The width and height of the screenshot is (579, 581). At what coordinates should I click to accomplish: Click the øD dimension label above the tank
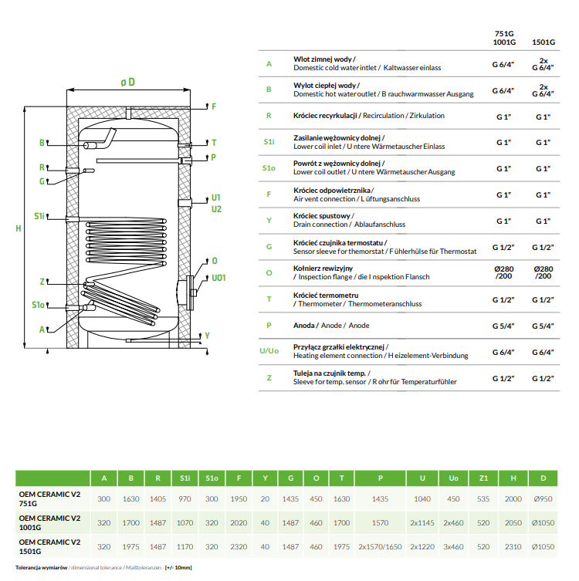tap(127, 82)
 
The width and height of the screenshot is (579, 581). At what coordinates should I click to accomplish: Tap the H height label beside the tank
tap(19, 228)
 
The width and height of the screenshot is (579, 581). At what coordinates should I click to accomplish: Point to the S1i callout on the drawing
tap(39, 217)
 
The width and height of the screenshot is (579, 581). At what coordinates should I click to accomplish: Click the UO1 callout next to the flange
tap(218, 278)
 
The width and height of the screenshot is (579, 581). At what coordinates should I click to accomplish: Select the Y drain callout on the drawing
tap(206, 336)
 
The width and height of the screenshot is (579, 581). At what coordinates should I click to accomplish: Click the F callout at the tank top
tap(214, 106)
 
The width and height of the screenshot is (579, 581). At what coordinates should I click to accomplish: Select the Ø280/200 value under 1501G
tap(543, 272)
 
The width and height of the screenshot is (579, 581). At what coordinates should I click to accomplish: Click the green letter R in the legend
tap(268, 116)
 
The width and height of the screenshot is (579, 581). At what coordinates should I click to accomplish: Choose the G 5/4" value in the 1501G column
tap(543, 326)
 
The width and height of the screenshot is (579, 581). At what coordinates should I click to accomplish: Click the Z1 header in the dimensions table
tap(484, 478)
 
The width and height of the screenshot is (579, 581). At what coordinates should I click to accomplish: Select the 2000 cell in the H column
tap(513, 499)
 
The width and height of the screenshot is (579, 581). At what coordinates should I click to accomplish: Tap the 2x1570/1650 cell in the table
tap(381, 547)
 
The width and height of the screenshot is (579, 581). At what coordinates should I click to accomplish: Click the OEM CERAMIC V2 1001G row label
tap(50, 523)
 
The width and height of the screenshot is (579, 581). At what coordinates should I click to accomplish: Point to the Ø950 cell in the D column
tap(543, 499)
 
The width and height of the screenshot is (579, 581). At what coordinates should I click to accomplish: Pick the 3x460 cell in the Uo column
tap(453, 547)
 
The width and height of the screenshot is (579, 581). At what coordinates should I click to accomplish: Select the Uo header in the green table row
tap(453, 478)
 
